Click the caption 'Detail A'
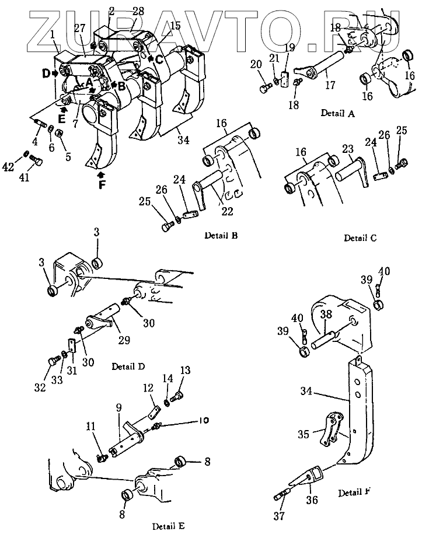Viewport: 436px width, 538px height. click(337, 113)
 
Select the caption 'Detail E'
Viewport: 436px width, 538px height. click(169, 526)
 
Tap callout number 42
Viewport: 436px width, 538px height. click(8, 167)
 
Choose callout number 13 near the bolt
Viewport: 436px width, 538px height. click(185, 371)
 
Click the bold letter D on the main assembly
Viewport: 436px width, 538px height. click(46, 73)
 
